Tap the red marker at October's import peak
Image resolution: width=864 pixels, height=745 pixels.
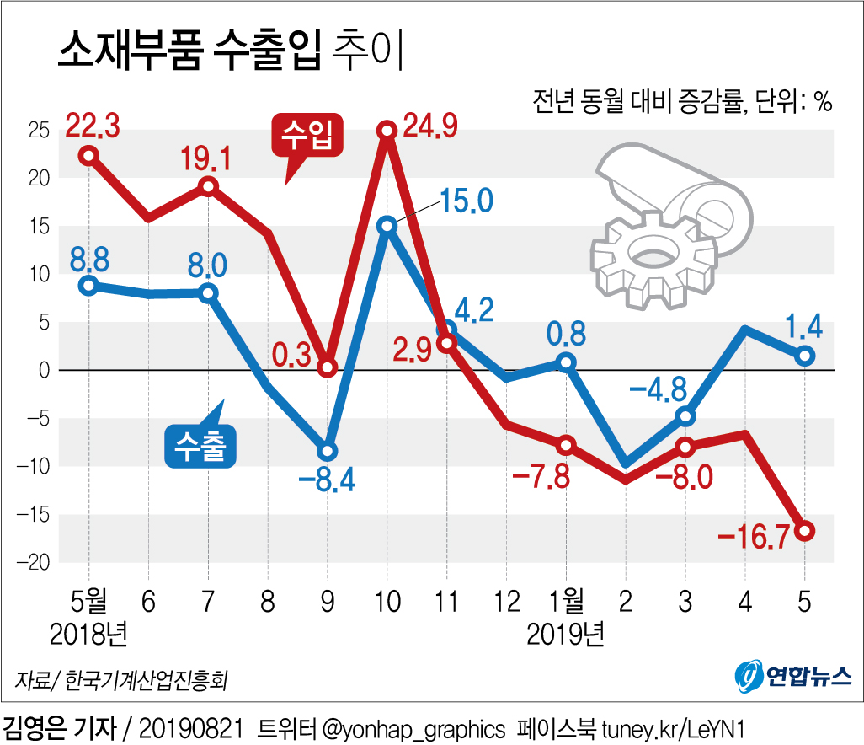[387, 130]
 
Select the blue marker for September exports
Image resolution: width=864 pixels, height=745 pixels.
[328, 451]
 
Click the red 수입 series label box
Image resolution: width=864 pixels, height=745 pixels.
[307, 134]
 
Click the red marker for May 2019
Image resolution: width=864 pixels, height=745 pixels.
[805, 530]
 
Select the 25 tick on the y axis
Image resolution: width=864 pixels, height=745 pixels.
[38, 131]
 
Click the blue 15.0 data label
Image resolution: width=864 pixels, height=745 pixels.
[465, 202]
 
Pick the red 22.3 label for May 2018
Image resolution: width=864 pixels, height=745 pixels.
[93, 126]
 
